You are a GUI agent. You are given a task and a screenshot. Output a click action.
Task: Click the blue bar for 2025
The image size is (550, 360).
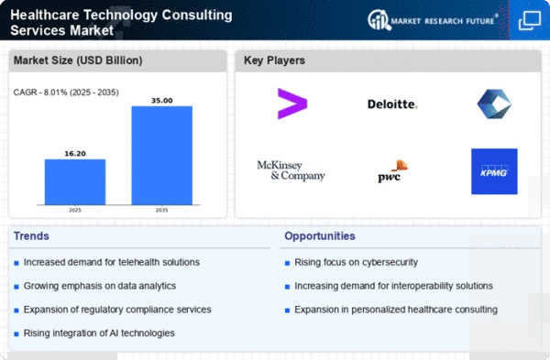pos(75,182)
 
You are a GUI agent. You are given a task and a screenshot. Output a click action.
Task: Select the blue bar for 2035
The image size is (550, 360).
pos(161,156)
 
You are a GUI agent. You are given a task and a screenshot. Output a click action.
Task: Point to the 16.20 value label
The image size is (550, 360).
pos(75,154)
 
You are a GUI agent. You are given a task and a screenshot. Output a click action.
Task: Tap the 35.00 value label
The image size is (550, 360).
pos(161,101)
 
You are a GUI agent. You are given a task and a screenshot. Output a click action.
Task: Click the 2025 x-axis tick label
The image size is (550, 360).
pos(75,210)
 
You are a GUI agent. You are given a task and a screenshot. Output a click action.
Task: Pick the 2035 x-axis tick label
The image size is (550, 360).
pos(161,210)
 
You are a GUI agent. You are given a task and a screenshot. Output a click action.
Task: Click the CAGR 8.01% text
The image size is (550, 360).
pos(66,93)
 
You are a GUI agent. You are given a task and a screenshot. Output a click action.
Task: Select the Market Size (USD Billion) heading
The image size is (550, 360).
pos(78,60)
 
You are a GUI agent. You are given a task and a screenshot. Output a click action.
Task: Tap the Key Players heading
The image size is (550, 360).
pos(274,60)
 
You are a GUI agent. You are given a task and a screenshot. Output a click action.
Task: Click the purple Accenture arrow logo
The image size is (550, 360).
pos(292,104)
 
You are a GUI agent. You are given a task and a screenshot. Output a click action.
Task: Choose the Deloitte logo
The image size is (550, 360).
pos(392,104)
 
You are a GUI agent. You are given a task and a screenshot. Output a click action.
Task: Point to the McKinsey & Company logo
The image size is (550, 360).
pos(291,170)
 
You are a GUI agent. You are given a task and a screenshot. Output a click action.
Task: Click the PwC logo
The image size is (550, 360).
pos(392,171)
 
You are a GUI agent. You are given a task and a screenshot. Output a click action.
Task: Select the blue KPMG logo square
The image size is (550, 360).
pos(494,171)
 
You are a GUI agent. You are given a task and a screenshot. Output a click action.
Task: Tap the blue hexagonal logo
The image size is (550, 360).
pos(494,104)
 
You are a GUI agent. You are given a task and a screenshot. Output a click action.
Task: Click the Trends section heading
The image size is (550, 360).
pos(31,236)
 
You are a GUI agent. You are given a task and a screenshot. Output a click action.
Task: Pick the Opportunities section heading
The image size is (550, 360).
pos(320,236)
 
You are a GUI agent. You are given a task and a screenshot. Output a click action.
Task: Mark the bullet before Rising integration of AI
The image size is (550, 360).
pos(16,334)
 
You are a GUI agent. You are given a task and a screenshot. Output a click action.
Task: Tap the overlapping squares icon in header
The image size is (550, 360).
pos(530,20)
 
